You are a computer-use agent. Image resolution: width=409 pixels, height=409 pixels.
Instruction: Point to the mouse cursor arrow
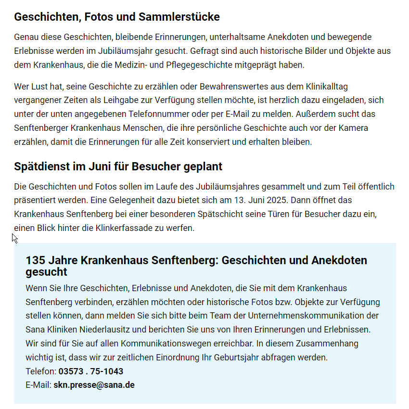coord(14,238)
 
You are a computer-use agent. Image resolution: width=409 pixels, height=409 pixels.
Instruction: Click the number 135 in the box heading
coord(35,261)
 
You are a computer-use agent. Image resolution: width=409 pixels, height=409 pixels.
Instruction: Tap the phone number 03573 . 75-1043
coord(91,371)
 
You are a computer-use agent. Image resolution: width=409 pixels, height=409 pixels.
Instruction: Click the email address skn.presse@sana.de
coord(94,385)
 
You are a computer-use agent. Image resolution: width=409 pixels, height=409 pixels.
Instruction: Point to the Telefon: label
coord(41,371)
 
